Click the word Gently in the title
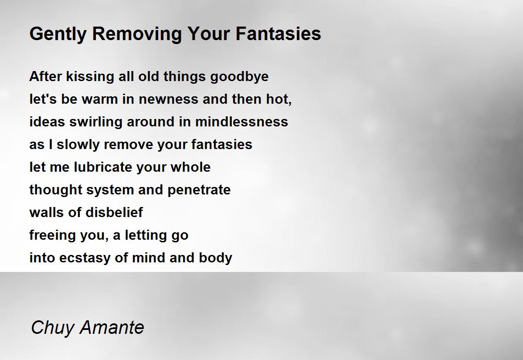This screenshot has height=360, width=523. (58, 34)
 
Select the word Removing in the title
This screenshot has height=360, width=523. (137, 34)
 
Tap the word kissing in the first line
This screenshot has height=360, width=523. (90, 77)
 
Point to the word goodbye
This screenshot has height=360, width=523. (239, 77)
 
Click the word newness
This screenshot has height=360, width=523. (168, 99)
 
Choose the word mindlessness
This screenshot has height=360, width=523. (241, 122)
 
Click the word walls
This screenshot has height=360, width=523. (47, 212)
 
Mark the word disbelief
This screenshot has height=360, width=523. (114, 212)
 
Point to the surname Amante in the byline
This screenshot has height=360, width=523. (112, 327)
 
